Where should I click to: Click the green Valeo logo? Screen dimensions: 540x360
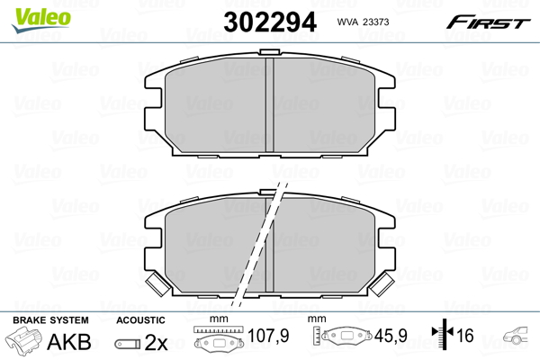pyautogui.click(x=41, y=19)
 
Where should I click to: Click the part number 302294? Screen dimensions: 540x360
pyautogui.click(x=270, y=22)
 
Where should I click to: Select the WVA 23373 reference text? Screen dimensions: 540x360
pyautogui.click(x=363, y=22)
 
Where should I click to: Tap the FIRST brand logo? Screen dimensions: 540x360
pyautogui.click(x=488, y=22)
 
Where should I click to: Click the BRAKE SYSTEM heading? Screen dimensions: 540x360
pyautogui.click(x=50, y=320)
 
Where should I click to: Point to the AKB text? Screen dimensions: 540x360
pyautogui.click(x=69, y=342)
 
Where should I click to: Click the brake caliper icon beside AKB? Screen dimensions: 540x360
pyautogui.click(x=23, y=339)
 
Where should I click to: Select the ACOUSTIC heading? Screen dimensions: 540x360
pyautogui.click(x=140, y=320)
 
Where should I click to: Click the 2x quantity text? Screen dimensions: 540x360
pyautogui.click(x=156, y=342)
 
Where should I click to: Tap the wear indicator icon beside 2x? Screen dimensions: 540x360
pyautogui.click(x=128, y=344)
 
